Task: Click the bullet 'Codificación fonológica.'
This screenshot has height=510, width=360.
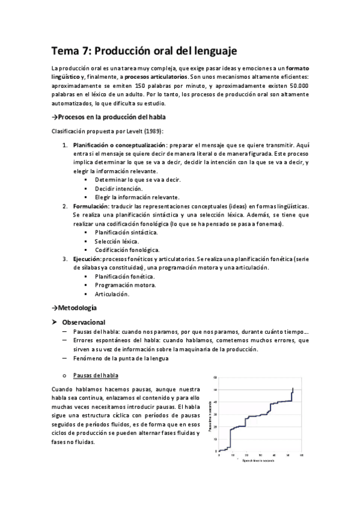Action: point(127,250)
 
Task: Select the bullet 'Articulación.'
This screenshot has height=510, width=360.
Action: point(112,294)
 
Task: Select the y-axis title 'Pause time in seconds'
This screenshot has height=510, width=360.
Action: point(210,415)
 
